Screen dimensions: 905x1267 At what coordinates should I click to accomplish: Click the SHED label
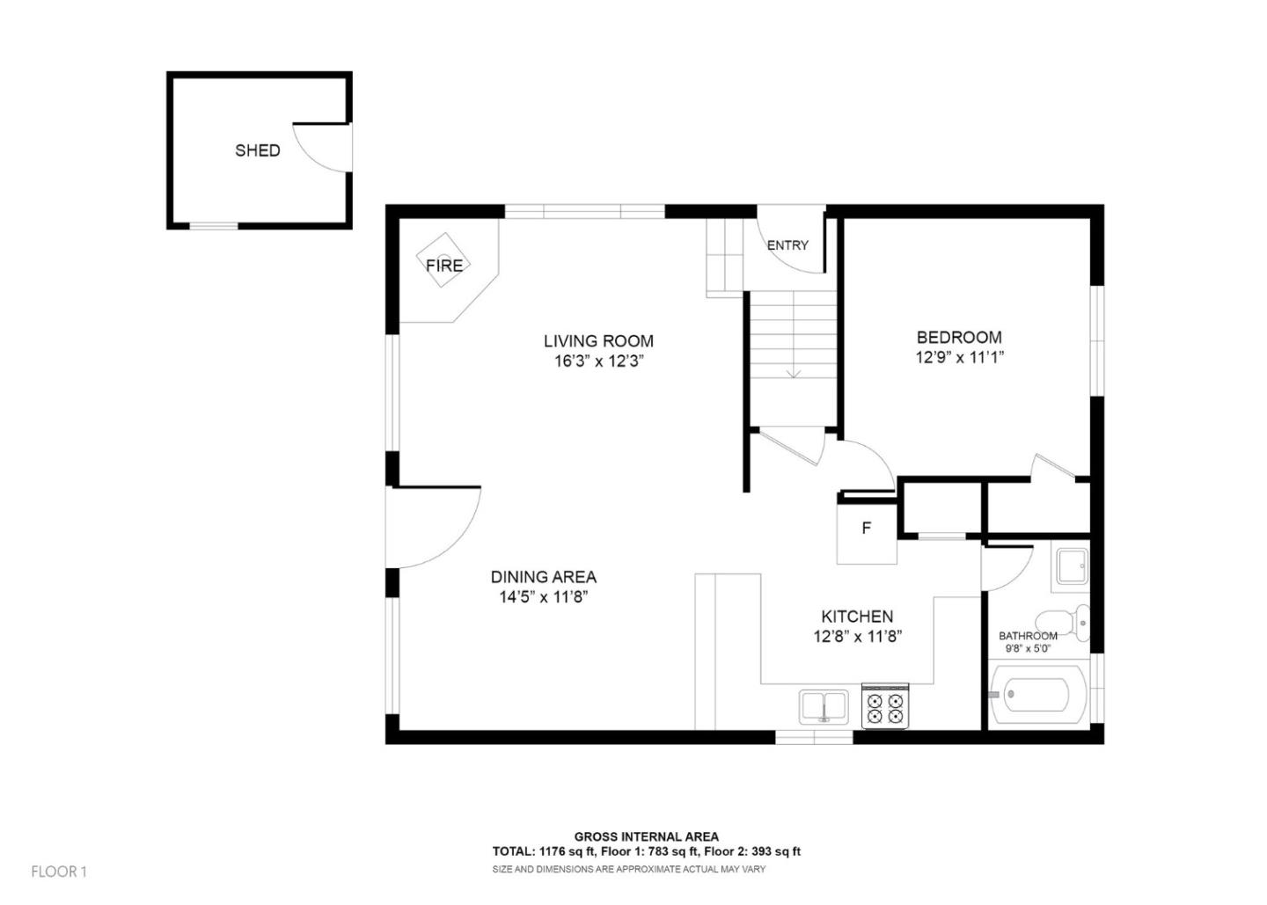click(x=257, y=150)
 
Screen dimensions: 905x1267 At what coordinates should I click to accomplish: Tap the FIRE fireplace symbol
click(x=444, y=265)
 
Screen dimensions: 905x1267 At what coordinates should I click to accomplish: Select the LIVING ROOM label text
click(x=598, y=341)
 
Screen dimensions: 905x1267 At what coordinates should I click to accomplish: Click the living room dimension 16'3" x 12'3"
click(x=598, y=361)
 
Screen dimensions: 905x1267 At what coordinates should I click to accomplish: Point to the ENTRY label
click(x=787, y=245)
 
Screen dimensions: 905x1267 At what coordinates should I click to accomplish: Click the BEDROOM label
click(x=959, y=337)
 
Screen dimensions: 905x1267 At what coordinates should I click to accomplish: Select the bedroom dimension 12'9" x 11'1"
click(x=959, y=358)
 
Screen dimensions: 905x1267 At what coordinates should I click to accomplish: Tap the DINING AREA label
click(x=543, y=577)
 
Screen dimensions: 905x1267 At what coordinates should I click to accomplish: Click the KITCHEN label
click(x=857, y=617)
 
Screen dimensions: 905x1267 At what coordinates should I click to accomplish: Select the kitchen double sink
click(x=824, y=706)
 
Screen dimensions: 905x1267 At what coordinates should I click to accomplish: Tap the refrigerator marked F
click(x=867, y=529)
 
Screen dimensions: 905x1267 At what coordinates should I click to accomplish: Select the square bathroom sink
click(x=1071, y=567)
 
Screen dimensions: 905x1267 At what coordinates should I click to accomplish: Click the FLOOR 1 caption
click(x=59, y=872)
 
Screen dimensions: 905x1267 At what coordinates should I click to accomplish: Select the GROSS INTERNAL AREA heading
click(x=646, y=836)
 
